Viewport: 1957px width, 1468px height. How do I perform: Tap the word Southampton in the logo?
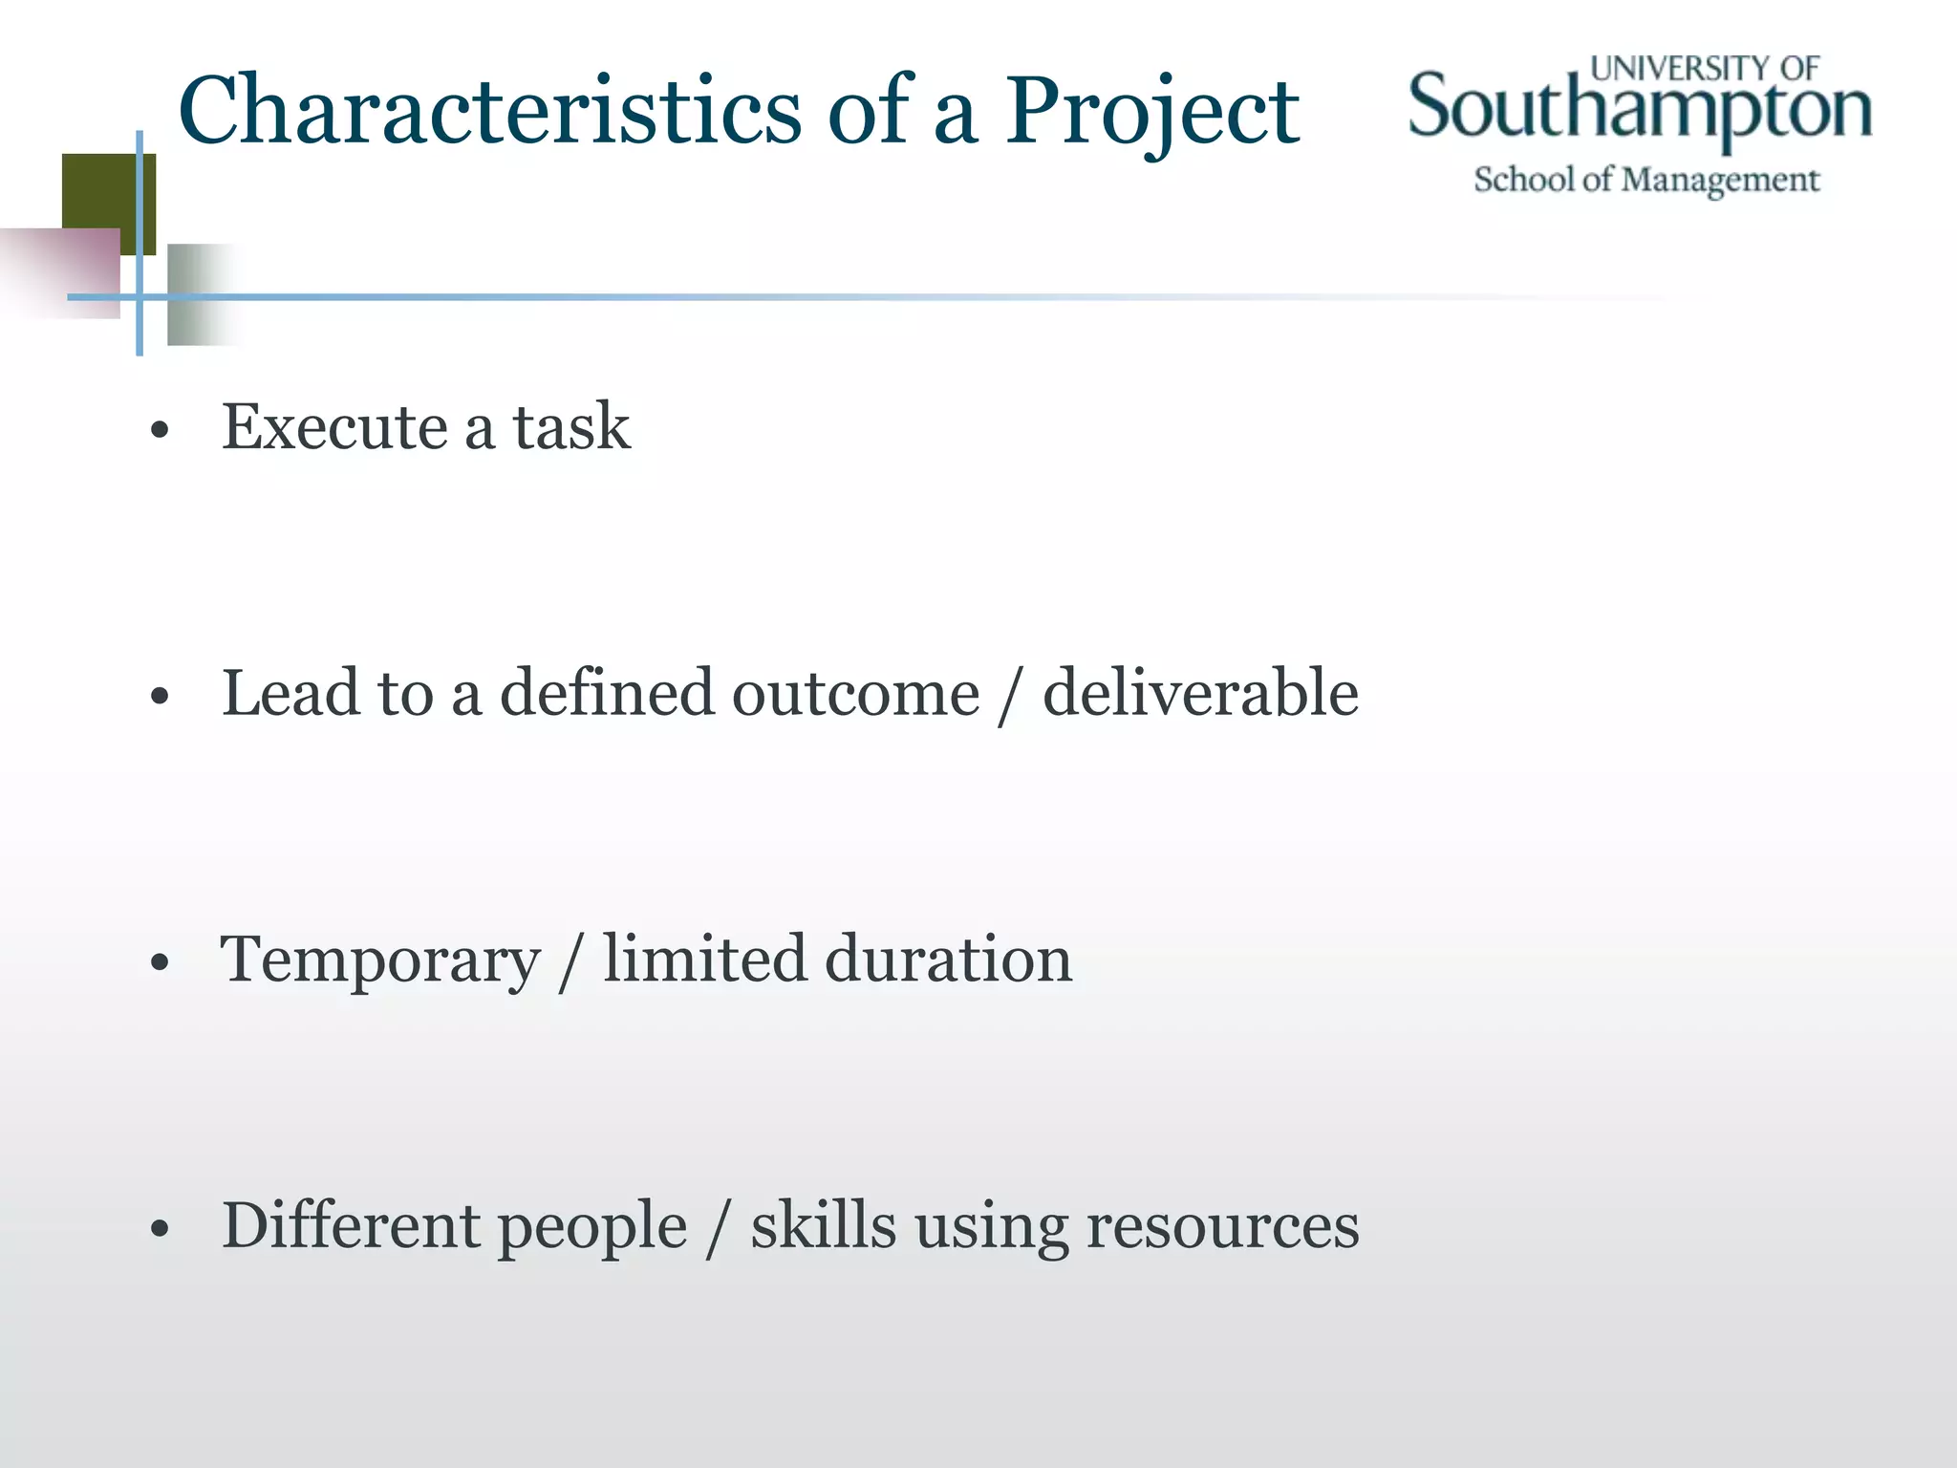click(1639, 109)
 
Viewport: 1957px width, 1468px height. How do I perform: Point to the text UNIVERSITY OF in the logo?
click(1705, 68)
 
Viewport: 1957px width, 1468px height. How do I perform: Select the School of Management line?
click(1645, 180)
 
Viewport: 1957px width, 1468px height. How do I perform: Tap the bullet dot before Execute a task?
click(160, 431)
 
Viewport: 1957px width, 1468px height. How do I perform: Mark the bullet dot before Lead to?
click(160, 698)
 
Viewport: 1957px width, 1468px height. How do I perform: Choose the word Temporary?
click(380, 961)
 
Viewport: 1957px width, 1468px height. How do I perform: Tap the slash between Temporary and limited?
click(570, 961)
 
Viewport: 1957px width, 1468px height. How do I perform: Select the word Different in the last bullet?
click(350, 1225)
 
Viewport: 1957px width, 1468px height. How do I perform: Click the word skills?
click(823, 1225)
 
